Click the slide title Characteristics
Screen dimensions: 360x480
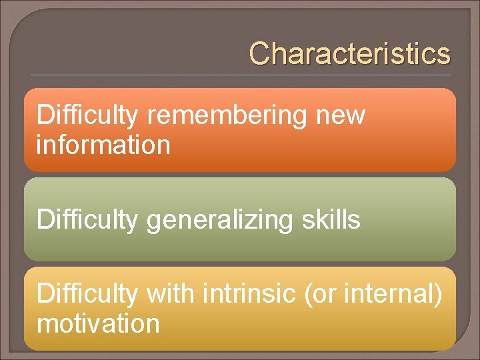[x=349, y=54]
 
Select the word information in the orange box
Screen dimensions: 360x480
[x=103, y=145]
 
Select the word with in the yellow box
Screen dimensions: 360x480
[x=168, y=294]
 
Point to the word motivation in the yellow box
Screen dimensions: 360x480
[x=98, y=324]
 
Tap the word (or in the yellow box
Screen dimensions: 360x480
[x=319, y=294]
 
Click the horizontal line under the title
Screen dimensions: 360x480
[x=240, y=75]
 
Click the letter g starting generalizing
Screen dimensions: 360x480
[x=153, y=222]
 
